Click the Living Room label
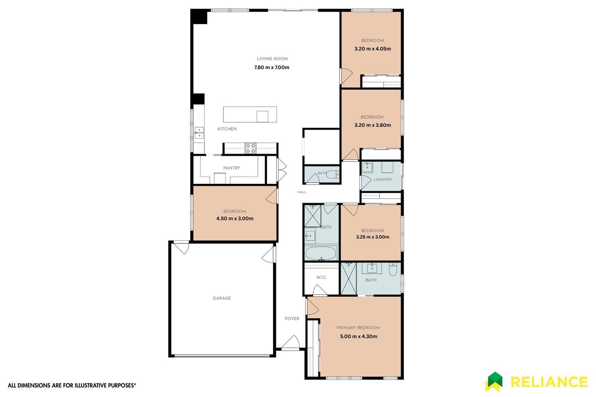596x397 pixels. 272,59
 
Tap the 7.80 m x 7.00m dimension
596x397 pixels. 272,68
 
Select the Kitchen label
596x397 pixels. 227,129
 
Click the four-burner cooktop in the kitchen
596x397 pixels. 250,149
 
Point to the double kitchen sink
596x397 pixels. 199,133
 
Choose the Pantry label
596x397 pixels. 232,168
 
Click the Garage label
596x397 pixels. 222,298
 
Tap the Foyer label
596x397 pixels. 292,319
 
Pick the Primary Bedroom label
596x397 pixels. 358,328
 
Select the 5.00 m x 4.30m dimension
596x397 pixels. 358,337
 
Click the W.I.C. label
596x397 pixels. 321,277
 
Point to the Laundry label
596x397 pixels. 383,180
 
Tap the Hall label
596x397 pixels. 302,192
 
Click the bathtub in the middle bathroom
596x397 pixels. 321,253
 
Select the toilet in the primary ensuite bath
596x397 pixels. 393,269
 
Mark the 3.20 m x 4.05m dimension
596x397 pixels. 372,49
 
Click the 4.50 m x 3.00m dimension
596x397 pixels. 235,219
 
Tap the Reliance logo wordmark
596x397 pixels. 549,382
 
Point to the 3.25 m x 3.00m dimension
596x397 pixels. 372,237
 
